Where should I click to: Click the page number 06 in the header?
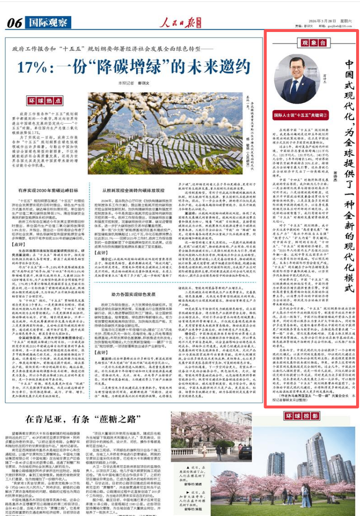click(15, 22)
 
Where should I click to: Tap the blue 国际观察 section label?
click(47, 22)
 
